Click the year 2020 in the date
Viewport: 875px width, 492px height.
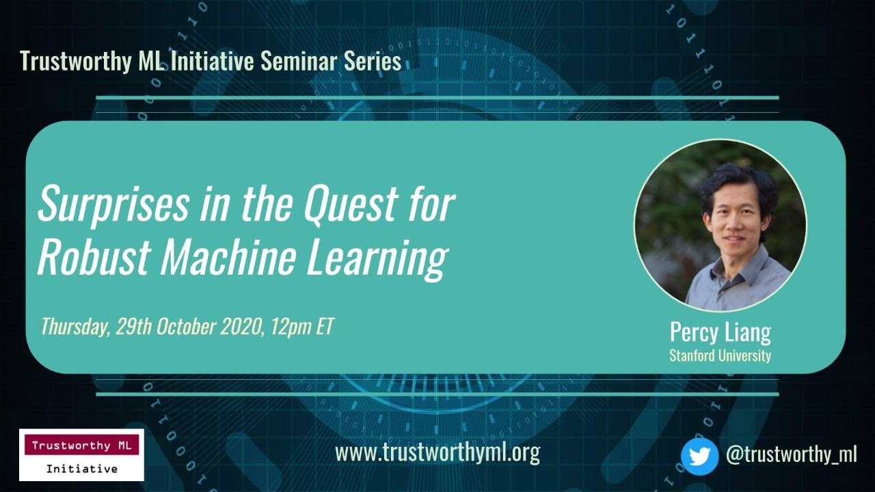[240, 327]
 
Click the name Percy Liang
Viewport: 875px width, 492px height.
[720, 333]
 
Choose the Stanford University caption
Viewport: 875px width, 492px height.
[720, 356]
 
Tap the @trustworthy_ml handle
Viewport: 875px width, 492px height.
[791, 454]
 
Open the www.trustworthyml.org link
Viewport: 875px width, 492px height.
[437, 452]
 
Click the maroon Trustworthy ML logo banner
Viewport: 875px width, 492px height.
[81, 446]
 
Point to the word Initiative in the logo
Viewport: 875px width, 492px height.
[81, 469]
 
